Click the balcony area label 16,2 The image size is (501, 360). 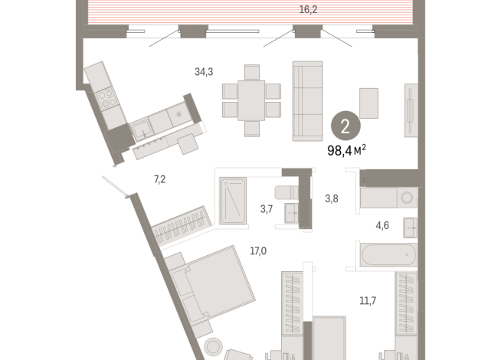[x=308, y=10]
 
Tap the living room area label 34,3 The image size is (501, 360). [x=204, y=72]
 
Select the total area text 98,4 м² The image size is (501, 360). [x=347, y=150]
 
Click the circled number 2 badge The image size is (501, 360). [x=345, y=126]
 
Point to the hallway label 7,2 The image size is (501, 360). [x=160, y=179]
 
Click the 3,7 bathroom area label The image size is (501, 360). [x=267, y=209]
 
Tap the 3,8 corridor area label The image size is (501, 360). [x=332, y=198]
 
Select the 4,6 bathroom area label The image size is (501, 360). [x=382, y=225]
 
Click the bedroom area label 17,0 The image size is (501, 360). [x=258, y=251]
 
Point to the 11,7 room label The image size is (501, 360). [x=368, y=300]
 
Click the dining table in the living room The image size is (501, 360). [x=251, y=100]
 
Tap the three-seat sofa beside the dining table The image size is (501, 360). [x=307, y=101]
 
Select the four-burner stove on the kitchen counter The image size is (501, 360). [x=106, y=99]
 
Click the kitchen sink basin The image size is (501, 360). [x=142, y=129]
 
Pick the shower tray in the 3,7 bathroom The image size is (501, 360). [x=233, y=201]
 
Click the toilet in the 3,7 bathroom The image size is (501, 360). [x=287, y=192]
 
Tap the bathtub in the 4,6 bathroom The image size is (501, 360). [x=388, y=254]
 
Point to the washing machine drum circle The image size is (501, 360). [x=407, y=198]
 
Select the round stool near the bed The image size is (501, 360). [x=213, y=346]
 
